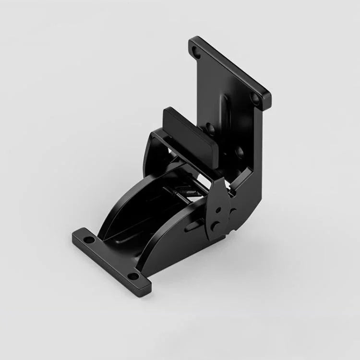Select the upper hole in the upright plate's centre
click(x=210, y=128)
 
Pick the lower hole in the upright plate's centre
click(x=239, y=153)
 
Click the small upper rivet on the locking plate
click(x=218, y=209)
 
